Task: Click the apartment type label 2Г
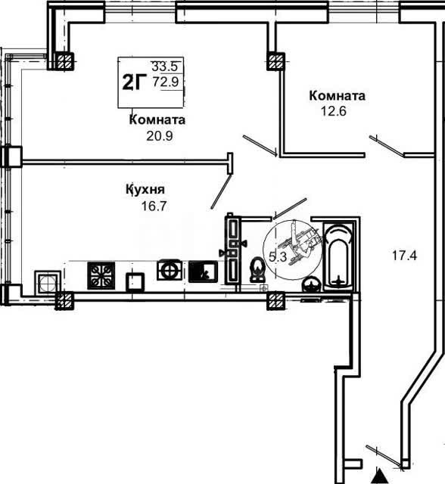(133, 82)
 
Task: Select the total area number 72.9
(166, 82)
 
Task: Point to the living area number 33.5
(164, 66)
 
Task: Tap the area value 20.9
(160, 136)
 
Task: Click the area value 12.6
(334, 111)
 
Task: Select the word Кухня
(145, 189)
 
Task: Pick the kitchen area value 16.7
(154, 206)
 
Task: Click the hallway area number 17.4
(405, 256)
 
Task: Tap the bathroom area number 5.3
(278, 257)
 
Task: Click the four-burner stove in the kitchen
(101, 275)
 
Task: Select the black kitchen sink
(203, 271)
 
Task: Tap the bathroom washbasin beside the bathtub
(311, 284)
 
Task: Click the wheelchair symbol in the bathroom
(300, 244)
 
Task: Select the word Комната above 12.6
(337, 96)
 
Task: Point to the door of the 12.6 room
(386, 146)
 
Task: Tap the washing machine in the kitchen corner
(47, 282)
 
